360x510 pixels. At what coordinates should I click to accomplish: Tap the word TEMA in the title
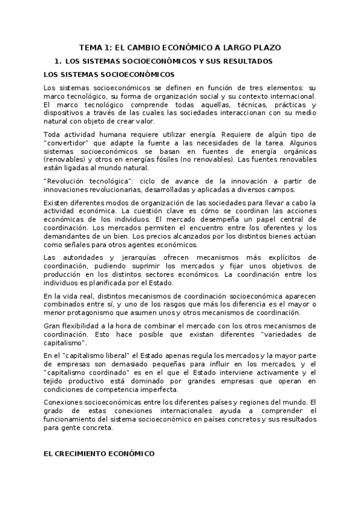coord(93,47)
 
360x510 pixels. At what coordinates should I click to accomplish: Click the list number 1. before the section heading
coord(58,61)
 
